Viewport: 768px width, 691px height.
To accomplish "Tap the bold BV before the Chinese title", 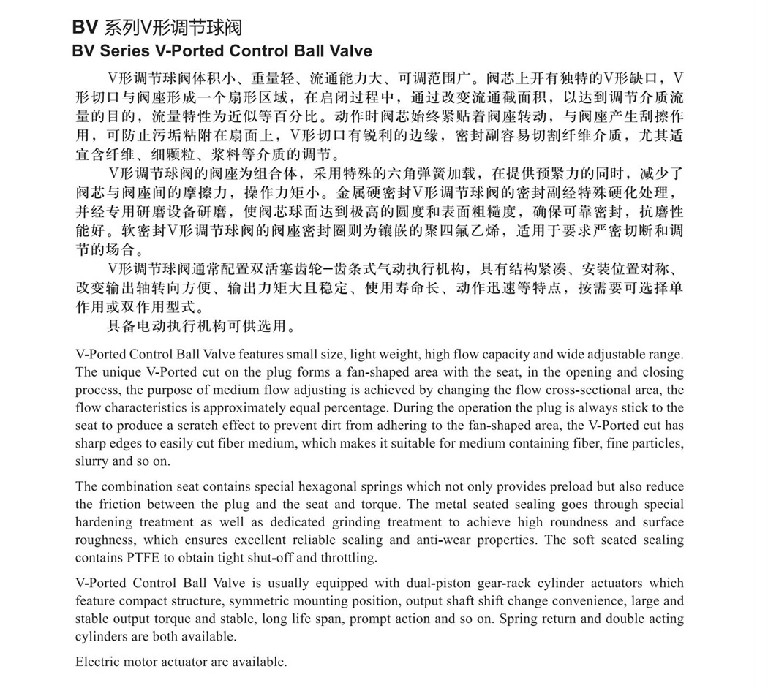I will [x=86, y=29].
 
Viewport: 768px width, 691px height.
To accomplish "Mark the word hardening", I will [x=106, y=522].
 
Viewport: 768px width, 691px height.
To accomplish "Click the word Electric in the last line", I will [x=96, y=662].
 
